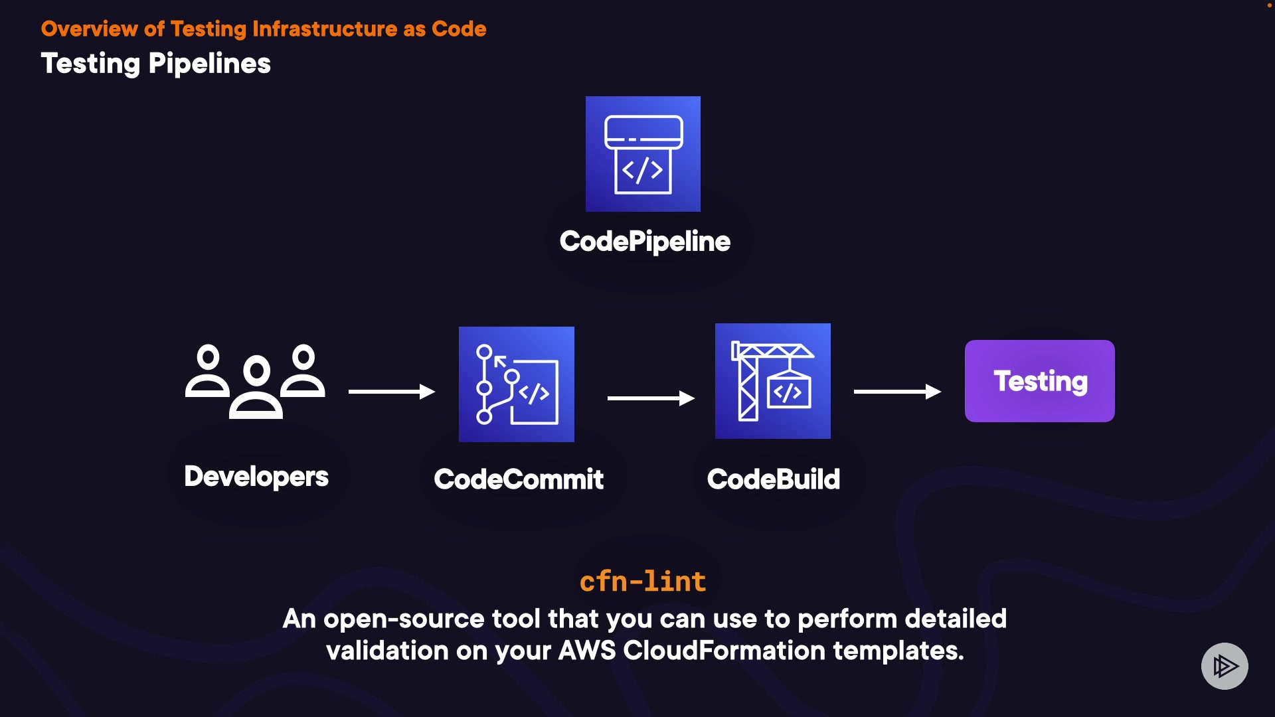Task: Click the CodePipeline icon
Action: point(643,154)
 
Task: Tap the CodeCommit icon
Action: point(517,384)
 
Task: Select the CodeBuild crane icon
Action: point(773,381)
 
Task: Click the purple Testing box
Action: point(1040,381)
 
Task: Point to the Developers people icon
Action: point(256,381)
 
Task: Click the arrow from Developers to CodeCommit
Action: point(392,392)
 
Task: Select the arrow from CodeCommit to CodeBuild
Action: point(651,398)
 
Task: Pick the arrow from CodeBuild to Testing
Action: point(897,392)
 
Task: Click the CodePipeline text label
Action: point(645,242)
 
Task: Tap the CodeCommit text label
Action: point(519,479)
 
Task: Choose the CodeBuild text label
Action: point(774,479)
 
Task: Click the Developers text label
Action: point(256,477)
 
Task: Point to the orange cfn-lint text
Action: point(643,582)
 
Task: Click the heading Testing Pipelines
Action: point(156,64)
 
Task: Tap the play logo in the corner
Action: point(1225,666)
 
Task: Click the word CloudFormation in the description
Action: point(724,651)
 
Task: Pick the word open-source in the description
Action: point(404,619)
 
